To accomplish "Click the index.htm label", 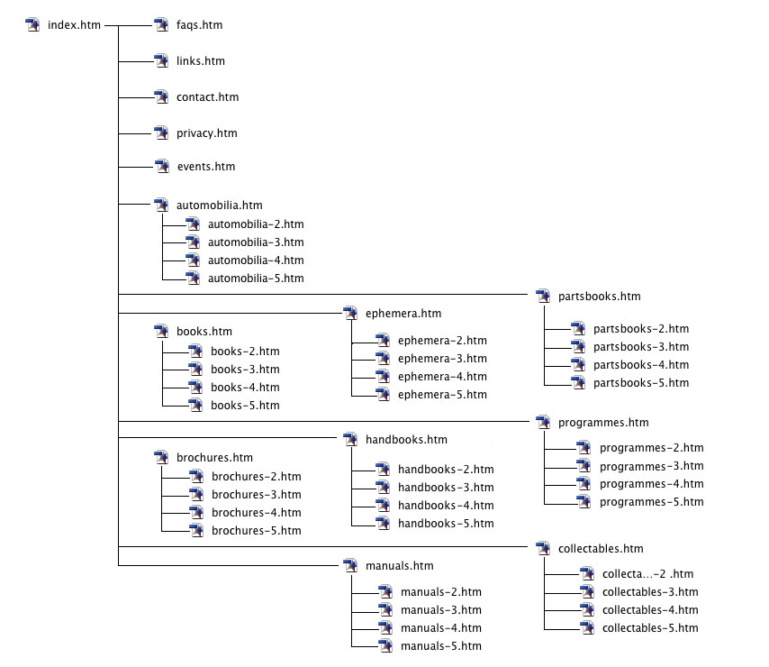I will point(74,25).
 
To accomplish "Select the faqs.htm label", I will point(199,25).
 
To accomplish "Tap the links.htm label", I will point(200,61).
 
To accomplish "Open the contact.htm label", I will point(207,97).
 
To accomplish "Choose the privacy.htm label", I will point(206,133).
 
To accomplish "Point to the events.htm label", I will point(205,167).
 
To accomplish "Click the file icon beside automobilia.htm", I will point(161,206).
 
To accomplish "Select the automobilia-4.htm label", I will point(256,260).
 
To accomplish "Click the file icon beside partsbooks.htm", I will point(542,296).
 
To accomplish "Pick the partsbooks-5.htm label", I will point(640,383).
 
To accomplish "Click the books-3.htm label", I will point(245,370).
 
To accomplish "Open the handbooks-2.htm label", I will point(446,470).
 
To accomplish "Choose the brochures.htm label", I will point(214,458).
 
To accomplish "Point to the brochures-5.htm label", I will point(256,531).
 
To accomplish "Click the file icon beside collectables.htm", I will point(542,548).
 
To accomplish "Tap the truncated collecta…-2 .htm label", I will point(647,574).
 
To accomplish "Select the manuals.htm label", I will point(400,566).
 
